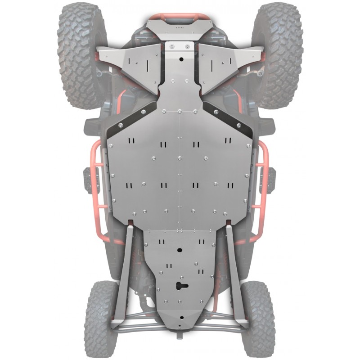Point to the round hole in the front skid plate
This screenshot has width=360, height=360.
pyautogui.click(x=180, y=59)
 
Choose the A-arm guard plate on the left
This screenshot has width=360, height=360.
pyautogui.click(x=130, y=67)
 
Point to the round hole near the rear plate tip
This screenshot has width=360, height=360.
pyautogui.click(x=180, y=317)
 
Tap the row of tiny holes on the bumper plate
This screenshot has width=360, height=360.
pyautogui.click(x=180, y=27)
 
